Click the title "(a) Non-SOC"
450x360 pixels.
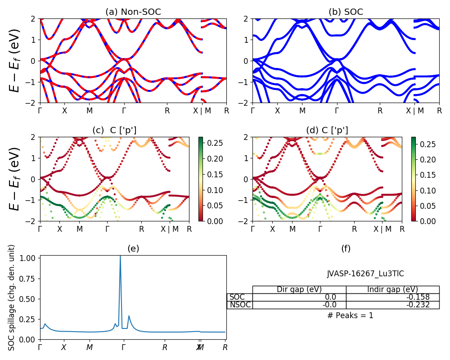133,12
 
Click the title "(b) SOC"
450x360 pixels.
346,12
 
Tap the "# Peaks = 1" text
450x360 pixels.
350,315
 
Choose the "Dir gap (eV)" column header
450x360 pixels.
299,289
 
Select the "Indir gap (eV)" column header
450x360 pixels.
392,289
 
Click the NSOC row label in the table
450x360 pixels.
239,305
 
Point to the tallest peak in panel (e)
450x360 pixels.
120,256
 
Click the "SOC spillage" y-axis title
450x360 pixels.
12,297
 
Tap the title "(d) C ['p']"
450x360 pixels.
327,130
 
